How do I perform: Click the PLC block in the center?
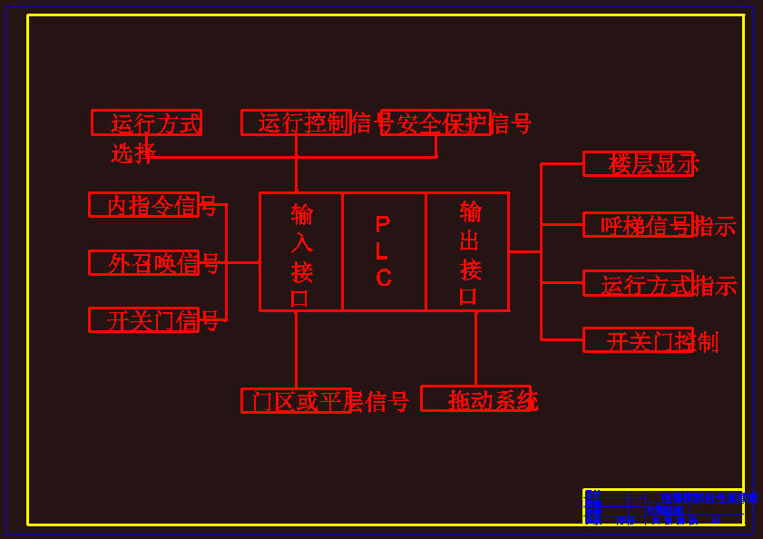(384, 251)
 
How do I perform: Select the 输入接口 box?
(301, 251)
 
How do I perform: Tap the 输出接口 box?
(467, 251)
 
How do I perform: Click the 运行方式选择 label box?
(146, 122)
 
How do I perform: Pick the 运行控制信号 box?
(296, 122)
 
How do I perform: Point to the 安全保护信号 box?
(435, 122)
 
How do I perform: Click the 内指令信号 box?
(143, 205)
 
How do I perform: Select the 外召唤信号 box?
(143, 262)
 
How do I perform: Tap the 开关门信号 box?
(143, 320)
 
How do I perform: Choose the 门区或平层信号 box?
(296, 400)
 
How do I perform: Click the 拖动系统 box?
(475, 398)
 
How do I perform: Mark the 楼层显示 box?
(638, 164)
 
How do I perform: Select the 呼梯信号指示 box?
(638, 225)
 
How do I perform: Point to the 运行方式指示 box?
(638, 284)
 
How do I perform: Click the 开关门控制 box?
(638, 340)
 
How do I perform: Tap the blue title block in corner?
(663, 507)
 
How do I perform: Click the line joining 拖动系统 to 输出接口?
(475, 348)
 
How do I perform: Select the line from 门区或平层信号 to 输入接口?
(296, 349)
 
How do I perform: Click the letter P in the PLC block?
(383, 224)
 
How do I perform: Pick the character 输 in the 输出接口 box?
(471, 212)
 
